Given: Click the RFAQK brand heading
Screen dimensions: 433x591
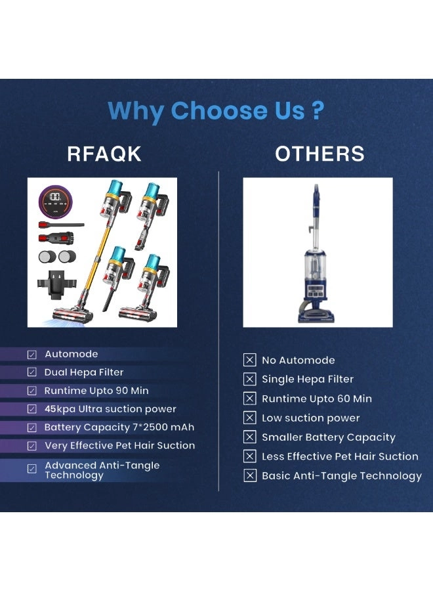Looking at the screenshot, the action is click(104, 154).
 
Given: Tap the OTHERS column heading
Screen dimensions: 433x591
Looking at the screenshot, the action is click(320, 154).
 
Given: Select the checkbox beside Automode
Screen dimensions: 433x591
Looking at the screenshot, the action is click(32, 355).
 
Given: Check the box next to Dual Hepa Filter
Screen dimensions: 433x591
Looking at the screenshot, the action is click(32, 372).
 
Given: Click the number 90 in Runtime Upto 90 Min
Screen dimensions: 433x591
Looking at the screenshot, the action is click(121, 391).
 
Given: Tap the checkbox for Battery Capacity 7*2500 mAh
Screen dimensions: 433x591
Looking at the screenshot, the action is click(32, 427).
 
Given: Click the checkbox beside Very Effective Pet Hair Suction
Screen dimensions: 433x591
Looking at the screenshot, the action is click(32, 446).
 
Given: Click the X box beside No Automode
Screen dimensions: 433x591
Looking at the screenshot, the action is click(250, 360).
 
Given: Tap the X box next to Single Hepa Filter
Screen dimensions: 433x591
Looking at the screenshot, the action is click(250, 379).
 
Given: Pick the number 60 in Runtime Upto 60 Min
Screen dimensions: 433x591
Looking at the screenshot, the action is click(344, 399).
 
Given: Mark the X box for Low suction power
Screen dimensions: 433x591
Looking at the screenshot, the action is click(250, 418).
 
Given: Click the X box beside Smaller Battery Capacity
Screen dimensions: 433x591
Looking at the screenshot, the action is click(250, 437).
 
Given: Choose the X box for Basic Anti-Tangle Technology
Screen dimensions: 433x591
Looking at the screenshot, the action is click(250, 475).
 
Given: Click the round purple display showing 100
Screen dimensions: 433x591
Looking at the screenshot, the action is click(55, 202).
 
